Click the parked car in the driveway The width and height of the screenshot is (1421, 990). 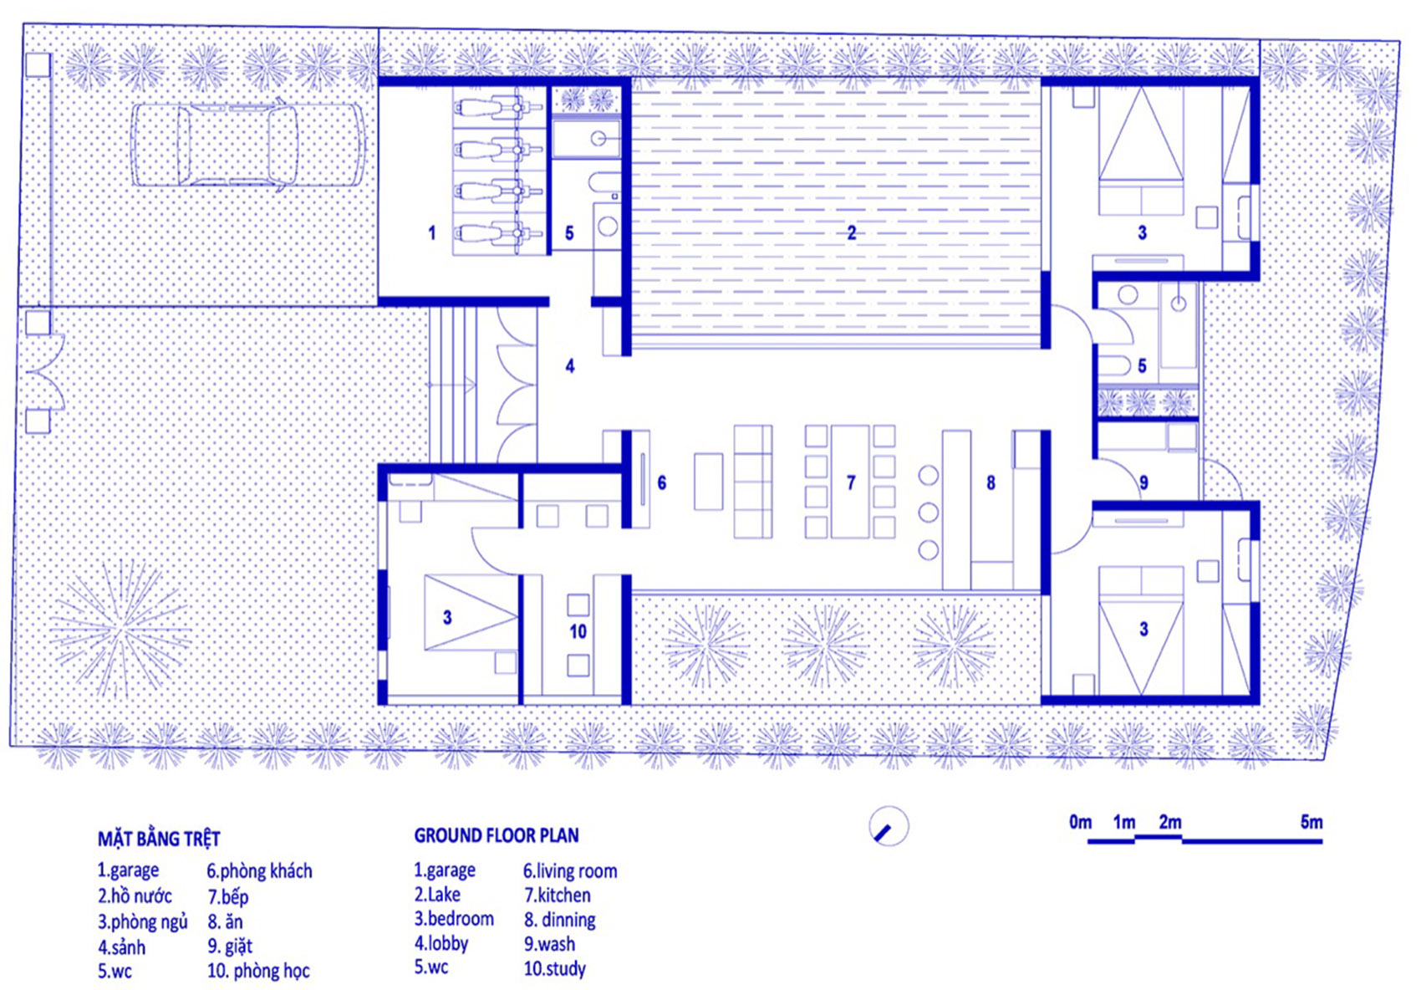pos(247,144)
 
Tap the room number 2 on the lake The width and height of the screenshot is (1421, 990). pos(851,232)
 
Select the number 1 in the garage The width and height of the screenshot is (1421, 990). pos(431,232)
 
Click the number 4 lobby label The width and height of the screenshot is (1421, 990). pos(569,365)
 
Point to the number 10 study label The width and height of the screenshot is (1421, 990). pos(578,631)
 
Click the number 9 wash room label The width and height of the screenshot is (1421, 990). pos(1143,482)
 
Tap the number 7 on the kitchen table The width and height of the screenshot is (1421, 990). pos(850,482)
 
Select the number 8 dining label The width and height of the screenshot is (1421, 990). pos(991,482)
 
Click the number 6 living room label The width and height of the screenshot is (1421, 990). pos(661,482)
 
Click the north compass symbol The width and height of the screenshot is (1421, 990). pos(888,827)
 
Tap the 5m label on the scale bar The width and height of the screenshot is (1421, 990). pos(1311,822)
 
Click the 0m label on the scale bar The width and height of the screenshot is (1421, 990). pos(1080,822)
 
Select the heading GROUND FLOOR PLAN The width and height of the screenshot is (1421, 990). pos(496,835)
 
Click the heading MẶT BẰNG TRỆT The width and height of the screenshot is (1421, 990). pos(159,839)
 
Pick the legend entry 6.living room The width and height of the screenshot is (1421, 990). pos(570,871)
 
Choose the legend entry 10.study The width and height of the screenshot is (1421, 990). pos(554,969)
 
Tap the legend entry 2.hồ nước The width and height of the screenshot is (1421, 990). pos(135,896)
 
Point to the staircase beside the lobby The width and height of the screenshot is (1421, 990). pos(452,385)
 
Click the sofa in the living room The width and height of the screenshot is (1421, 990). pos(752,482)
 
